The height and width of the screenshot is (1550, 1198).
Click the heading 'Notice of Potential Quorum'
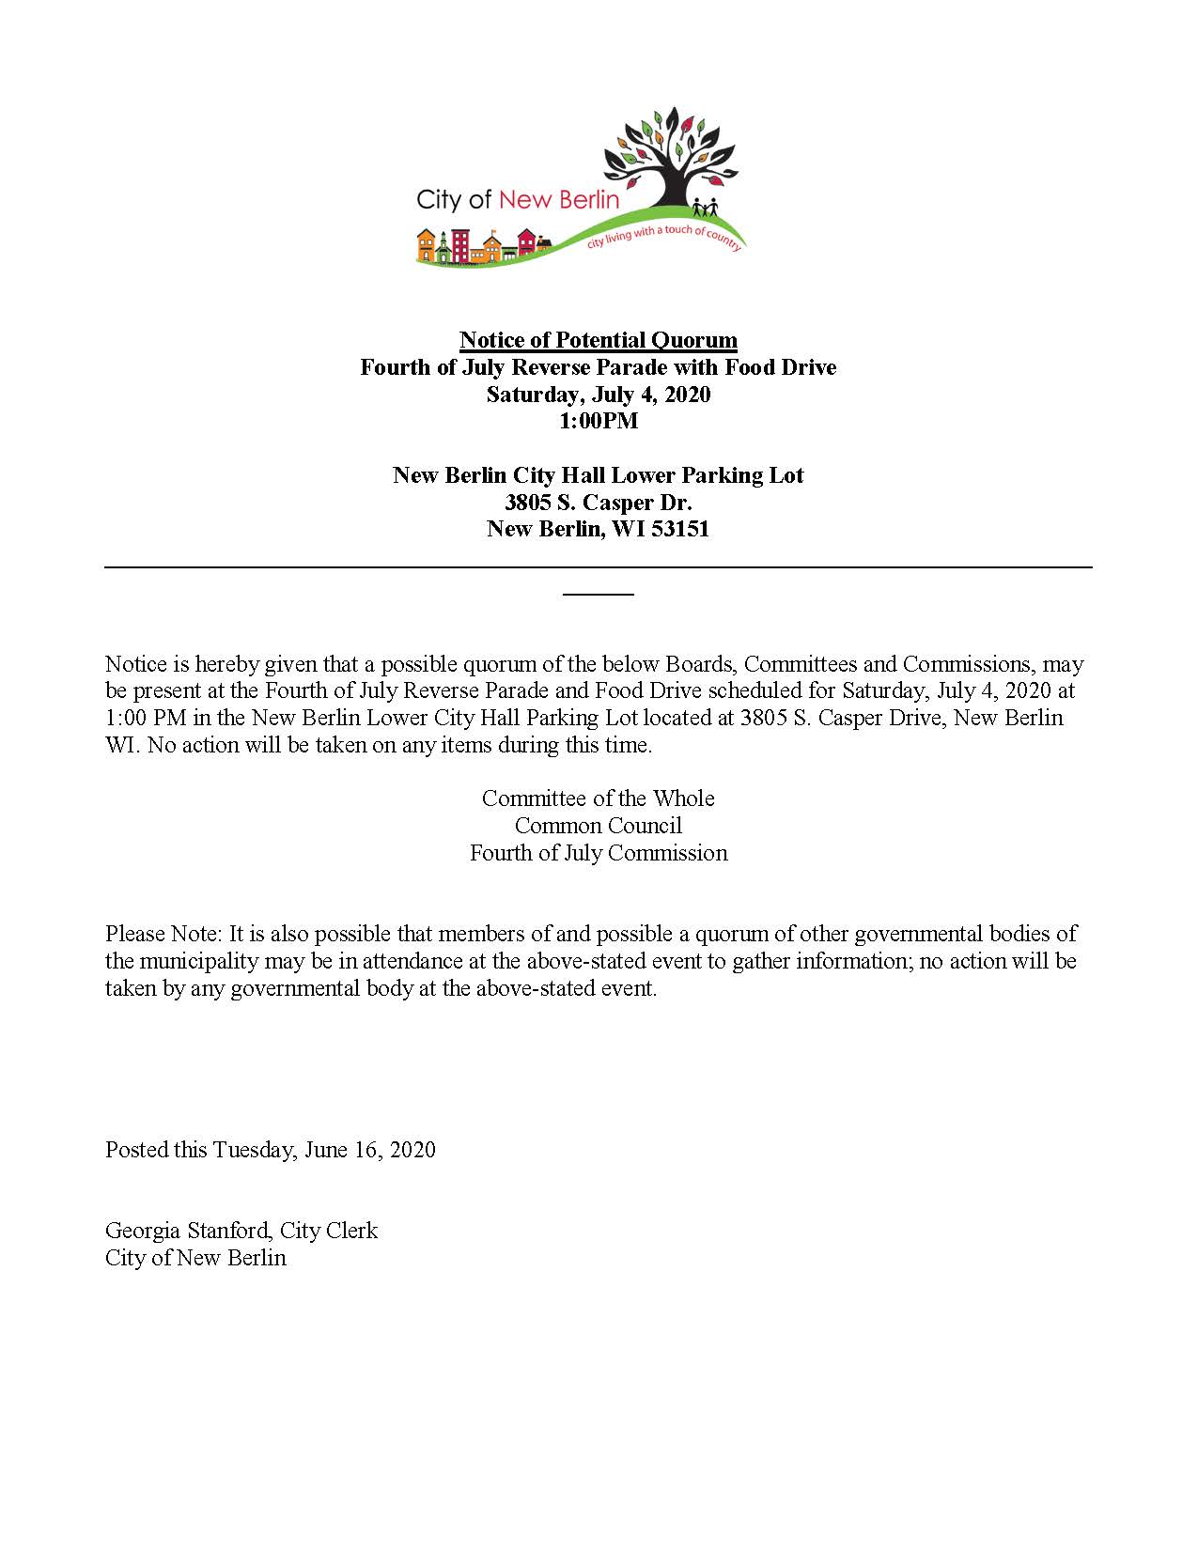[x=598, y=340]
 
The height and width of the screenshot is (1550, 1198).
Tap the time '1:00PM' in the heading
[x=598, y=421]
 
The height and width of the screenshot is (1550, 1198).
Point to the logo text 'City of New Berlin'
[x=518, y=199]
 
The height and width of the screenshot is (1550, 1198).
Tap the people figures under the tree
[x=705, y=207]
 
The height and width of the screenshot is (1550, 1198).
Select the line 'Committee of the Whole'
[x=598, y=798]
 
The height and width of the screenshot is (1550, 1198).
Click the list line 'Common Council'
[x=598, y=826]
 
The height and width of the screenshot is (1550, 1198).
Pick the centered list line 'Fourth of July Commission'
[x=598, y=853]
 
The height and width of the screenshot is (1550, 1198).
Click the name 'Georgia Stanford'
[x=187, y=1231]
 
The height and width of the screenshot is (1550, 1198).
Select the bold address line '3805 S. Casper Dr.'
[x=598, y=503]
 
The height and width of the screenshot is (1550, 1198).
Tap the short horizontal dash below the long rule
[x=598, y=594]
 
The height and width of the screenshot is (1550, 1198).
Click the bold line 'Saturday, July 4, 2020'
[x=598, y=395]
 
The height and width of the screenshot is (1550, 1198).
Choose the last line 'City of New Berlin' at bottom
[x=195, y=1258]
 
